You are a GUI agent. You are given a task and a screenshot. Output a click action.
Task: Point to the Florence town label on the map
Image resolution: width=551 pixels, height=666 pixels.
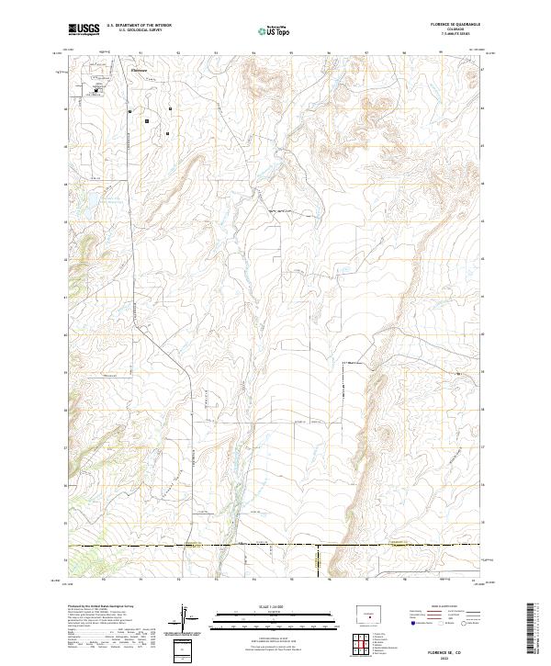[139, 68]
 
